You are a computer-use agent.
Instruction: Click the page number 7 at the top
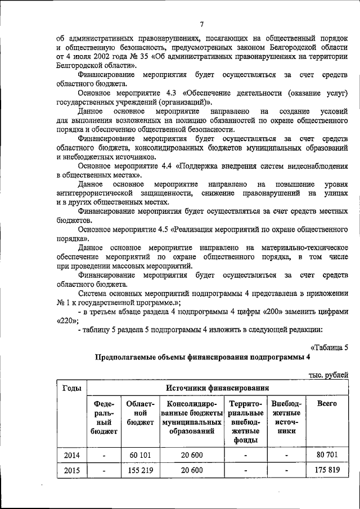tap(201, 24)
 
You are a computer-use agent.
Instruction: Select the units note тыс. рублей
tap(329, 375)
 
